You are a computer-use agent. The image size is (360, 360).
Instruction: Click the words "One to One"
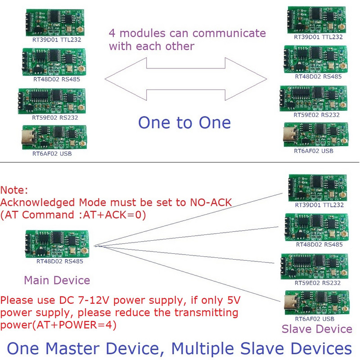[184, 122]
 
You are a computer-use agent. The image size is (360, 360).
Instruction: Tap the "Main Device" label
[57, 280]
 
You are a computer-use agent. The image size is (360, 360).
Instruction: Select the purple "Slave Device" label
[317, 329]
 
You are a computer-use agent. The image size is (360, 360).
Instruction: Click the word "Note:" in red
[14, 191]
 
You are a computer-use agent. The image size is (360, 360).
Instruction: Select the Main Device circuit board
[57, 243]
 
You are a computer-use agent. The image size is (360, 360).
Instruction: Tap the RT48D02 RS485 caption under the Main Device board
[59, 261]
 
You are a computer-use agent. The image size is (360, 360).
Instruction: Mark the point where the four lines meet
[95, 246]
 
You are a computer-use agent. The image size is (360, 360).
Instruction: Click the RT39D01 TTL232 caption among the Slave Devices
[319, 205]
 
